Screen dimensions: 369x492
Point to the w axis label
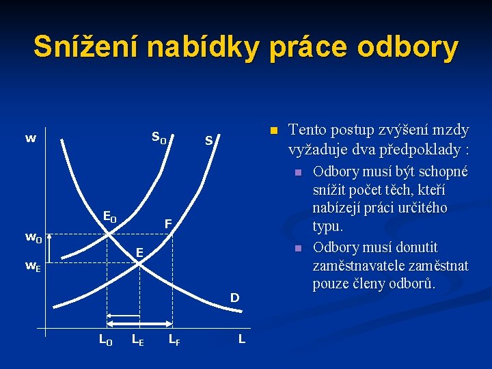(31, 139)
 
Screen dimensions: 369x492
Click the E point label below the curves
(139, 253)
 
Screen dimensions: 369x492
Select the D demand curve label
(234, 298)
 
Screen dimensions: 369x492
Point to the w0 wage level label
(33, 238)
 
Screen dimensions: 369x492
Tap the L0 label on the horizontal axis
(106, 338)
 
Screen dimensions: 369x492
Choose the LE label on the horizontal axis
(137, 338)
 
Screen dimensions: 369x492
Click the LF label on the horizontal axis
(174, 338)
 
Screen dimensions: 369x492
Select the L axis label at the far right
(242, 338)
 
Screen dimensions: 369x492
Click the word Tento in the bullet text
(309, 130)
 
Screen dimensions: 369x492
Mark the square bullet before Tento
(273, 131)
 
